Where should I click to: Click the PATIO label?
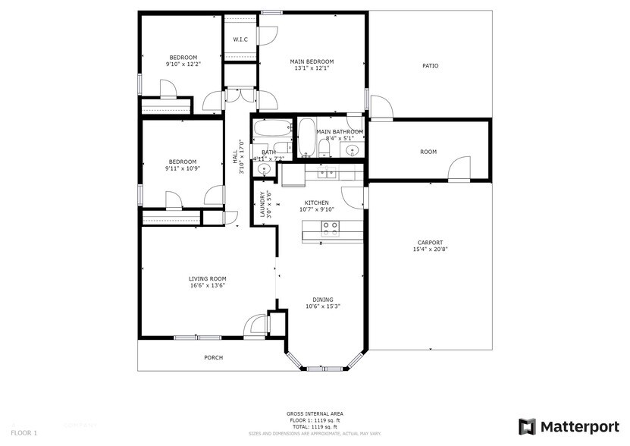(430, 66)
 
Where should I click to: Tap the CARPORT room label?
(428, 243)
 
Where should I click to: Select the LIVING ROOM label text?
(208, 279)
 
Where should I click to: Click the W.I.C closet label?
(240, 39)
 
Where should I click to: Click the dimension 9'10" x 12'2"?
(183, 64)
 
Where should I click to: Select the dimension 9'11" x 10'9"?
(183, 168)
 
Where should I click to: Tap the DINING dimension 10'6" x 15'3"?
(323, 306)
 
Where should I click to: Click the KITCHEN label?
(316, 203)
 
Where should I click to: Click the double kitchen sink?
(328, 173)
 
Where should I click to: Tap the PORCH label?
(214, 357)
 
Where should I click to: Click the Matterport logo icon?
(527, 426)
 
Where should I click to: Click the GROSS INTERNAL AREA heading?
(315, 413)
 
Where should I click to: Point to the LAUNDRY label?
(262, 204)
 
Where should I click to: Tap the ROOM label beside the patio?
(428, 152)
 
